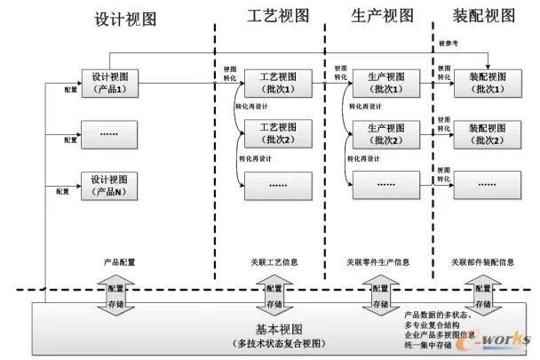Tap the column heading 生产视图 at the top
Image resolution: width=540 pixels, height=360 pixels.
(383, 15)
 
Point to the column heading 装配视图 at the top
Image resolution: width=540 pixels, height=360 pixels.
(485, 15)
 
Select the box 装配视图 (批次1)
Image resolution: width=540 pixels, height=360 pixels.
(485, 84)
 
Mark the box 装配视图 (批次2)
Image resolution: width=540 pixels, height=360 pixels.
(485, 134)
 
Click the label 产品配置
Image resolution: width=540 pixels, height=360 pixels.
(117, 263)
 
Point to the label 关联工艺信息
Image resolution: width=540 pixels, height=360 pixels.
(274, 263)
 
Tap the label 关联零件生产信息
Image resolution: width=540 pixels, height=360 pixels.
(378, 263)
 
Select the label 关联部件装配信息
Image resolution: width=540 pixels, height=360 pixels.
(482, 263)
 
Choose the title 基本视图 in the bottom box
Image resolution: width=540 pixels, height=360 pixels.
(266, 329)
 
